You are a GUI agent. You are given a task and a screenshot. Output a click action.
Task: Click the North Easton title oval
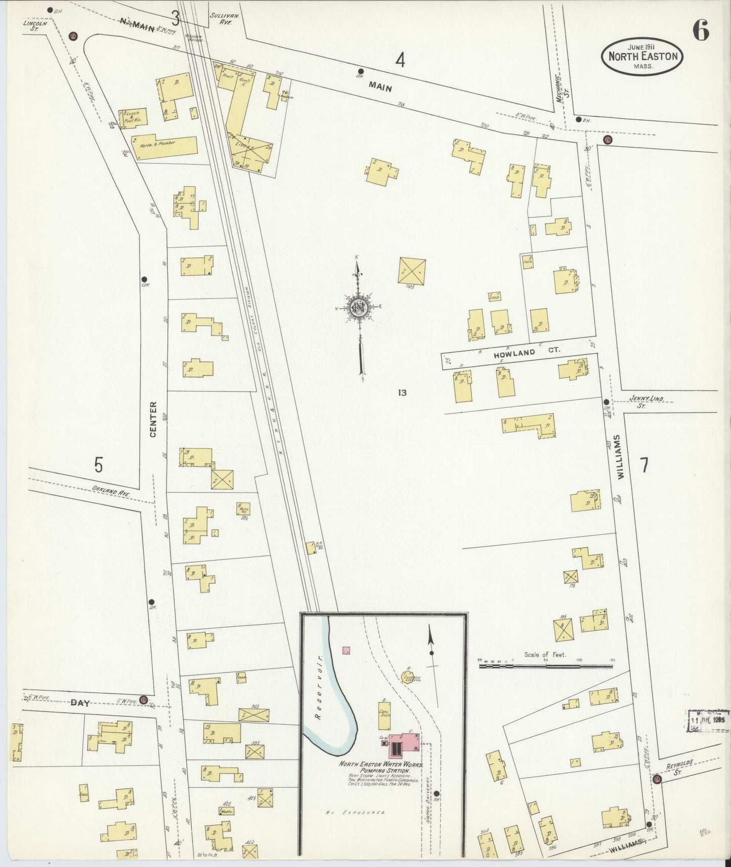pos(642,56)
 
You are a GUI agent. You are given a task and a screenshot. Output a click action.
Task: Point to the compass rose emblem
pos(359,308)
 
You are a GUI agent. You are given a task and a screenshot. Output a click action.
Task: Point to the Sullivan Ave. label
pos(222,19)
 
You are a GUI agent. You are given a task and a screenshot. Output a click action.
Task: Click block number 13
pos(402,392)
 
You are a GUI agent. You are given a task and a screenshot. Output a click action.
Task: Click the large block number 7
pos(644,465)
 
